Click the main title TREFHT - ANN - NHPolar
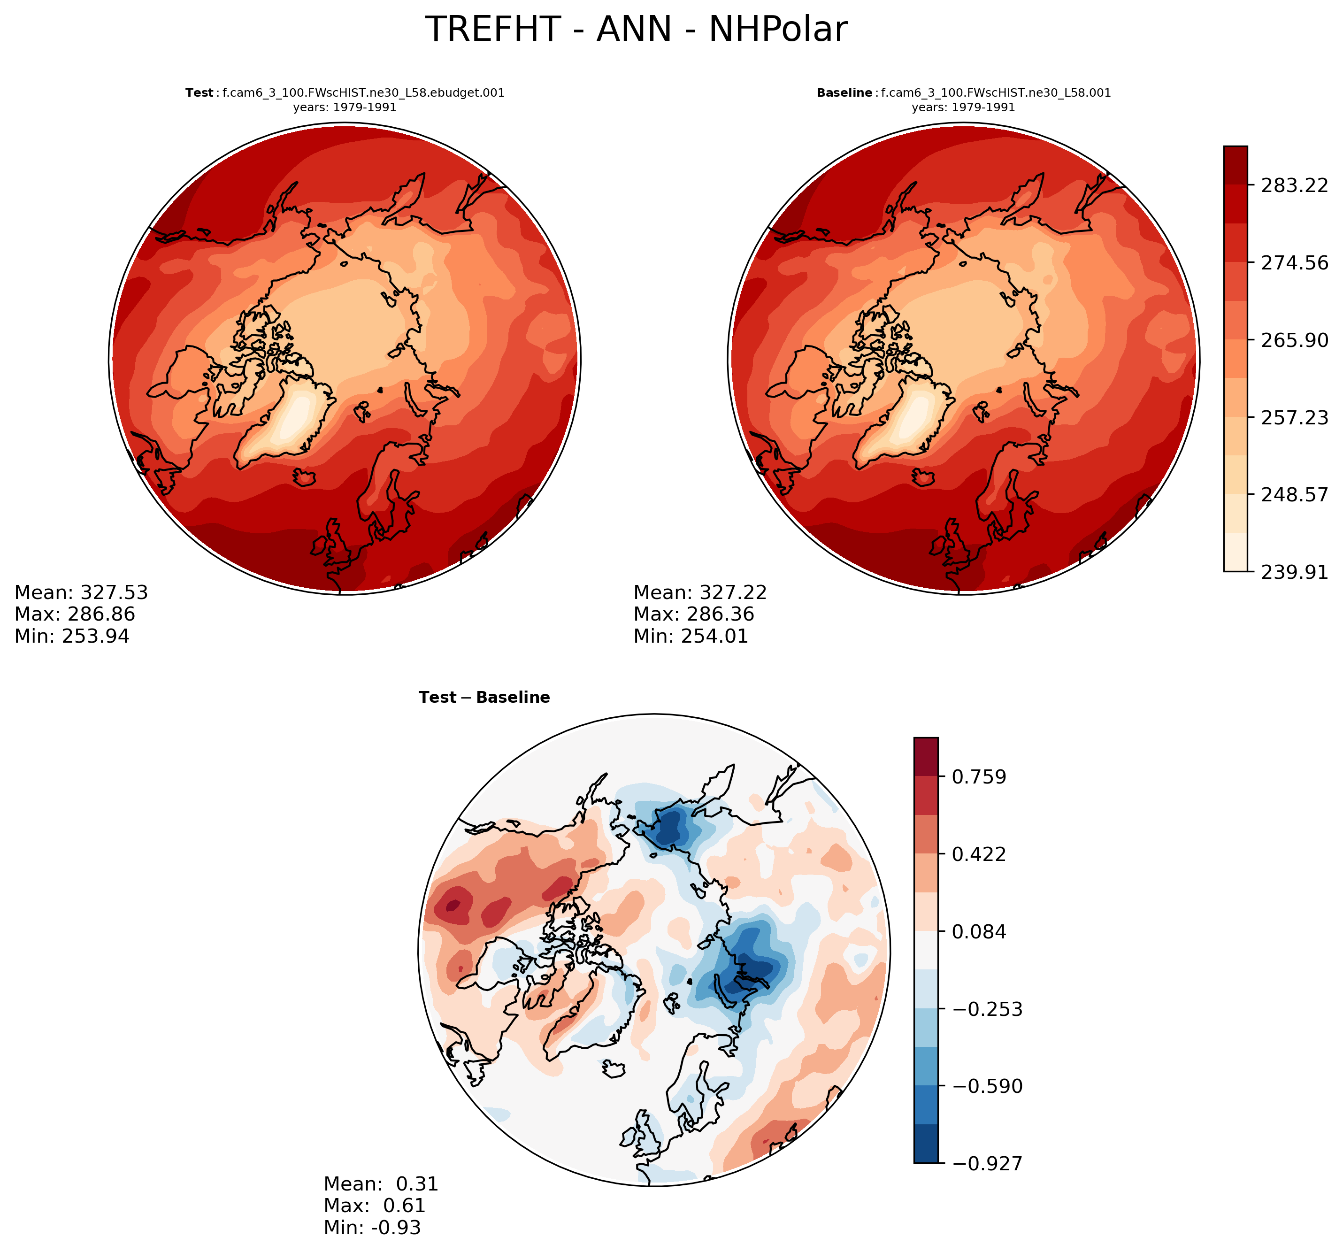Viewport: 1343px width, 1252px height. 636,30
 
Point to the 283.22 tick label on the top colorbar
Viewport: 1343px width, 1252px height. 1294,185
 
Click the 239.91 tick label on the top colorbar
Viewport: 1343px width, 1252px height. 1294,572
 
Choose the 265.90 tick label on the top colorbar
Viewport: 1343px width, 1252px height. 1294,340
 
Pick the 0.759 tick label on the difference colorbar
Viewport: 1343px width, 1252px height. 979,777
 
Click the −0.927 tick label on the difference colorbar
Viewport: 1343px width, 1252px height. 987,1163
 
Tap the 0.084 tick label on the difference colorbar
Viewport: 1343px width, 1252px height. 979,932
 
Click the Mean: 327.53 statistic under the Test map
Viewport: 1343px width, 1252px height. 81,592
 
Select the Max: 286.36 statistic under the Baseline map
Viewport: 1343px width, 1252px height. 694,614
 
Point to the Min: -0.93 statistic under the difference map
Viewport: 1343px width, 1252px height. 372,1227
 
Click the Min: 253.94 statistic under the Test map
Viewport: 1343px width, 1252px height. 72,636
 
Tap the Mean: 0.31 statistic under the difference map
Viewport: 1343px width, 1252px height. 381,1184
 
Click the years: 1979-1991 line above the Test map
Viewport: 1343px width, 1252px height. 345,108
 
